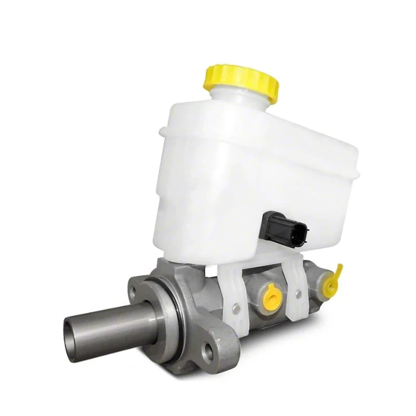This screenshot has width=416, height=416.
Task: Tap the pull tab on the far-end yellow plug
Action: point(339,269)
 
